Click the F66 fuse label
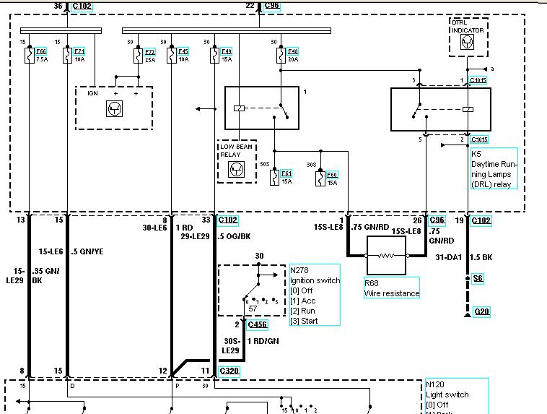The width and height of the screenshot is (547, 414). (41, 51)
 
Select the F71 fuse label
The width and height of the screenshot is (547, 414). (79, 51)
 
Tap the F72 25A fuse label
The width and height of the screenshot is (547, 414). (149, 51)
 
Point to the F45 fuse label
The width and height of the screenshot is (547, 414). (183, 51)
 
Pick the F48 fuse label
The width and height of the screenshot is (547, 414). (292, 51)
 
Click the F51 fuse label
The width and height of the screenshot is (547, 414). (286, 173)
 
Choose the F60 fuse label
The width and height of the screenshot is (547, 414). (331, 173)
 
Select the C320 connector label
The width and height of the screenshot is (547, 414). (229, 371)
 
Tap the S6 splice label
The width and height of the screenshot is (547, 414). (478, 278)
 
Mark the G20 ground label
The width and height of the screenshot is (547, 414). (481, 311)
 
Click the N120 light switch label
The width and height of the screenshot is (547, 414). (436, 384)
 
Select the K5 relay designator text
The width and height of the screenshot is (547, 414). (476, 154)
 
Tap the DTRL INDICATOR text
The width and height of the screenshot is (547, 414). (468, 27)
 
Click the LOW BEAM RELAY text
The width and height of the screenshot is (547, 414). (235, 150)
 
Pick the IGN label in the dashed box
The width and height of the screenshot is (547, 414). (92, 92)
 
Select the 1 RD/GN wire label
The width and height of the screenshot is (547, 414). (263, 340)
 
